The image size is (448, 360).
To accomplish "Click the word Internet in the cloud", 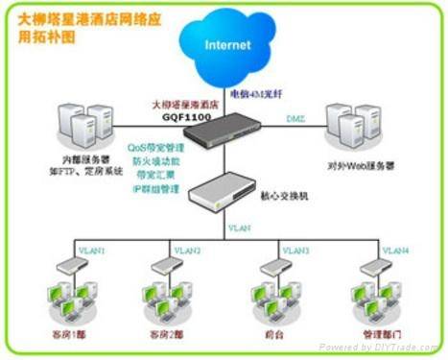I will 227,44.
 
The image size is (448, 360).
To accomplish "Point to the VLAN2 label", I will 187,251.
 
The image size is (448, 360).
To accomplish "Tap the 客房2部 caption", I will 168,334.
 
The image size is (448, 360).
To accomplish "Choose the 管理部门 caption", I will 372,334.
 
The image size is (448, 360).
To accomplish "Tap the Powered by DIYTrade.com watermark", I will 379,346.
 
